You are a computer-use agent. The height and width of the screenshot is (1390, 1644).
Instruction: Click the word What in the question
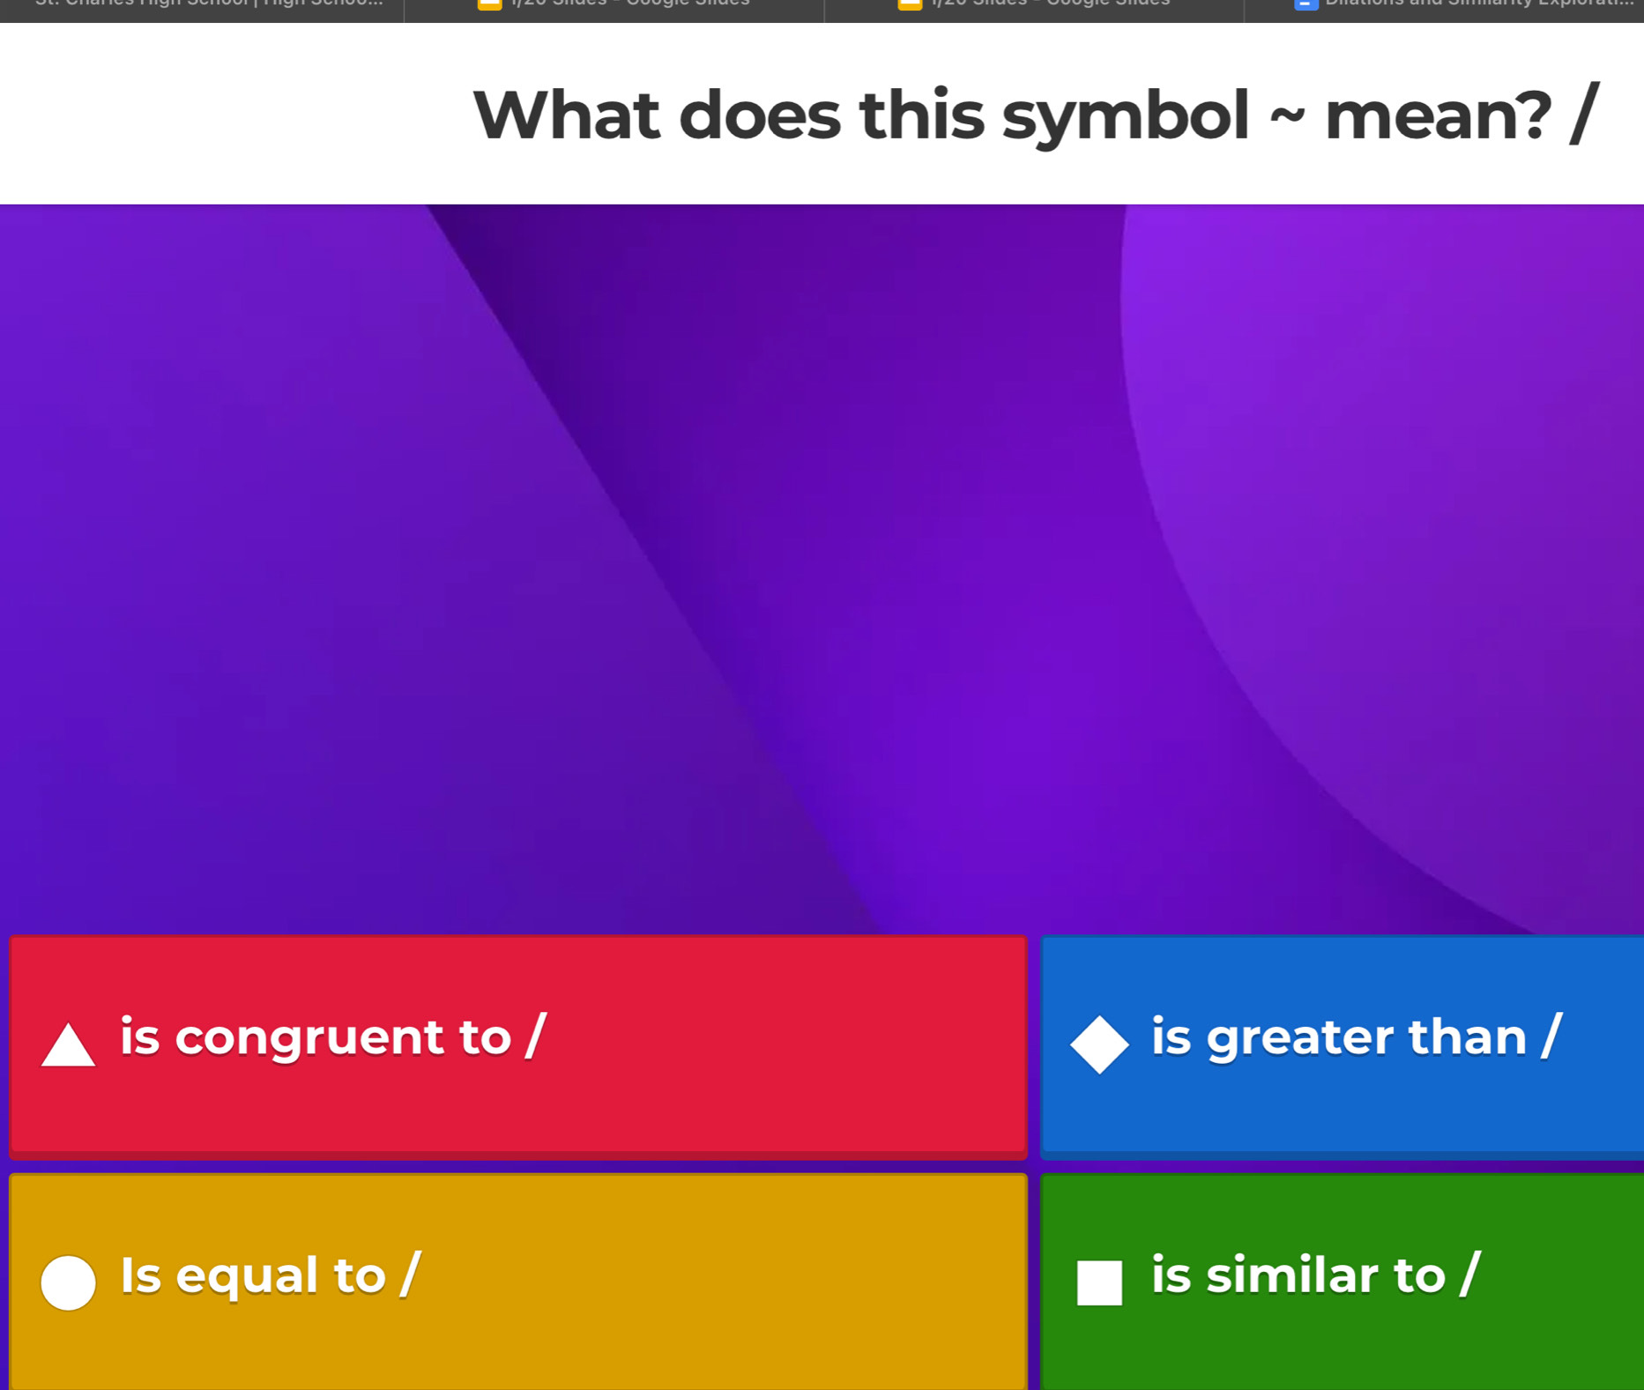566,115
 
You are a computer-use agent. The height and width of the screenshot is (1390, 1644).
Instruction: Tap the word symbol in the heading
1125,115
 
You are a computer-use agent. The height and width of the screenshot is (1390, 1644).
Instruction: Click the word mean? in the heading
1437,115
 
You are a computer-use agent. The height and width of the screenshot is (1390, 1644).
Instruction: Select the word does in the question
759,115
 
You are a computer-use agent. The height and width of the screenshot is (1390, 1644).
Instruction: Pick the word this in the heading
921,115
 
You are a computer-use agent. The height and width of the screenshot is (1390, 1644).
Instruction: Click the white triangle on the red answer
68,1046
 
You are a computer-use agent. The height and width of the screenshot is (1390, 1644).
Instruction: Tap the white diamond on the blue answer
1099,1044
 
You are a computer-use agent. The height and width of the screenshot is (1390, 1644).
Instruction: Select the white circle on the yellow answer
68,1282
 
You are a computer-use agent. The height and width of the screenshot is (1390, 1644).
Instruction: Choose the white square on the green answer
1099,1282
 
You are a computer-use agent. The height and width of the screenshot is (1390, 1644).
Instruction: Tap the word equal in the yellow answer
247,1275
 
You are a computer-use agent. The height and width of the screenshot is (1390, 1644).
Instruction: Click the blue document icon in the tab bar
1306,4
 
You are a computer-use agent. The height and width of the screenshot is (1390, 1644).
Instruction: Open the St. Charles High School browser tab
209,4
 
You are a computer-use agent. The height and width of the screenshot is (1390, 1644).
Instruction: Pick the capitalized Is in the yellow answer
140,1275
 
